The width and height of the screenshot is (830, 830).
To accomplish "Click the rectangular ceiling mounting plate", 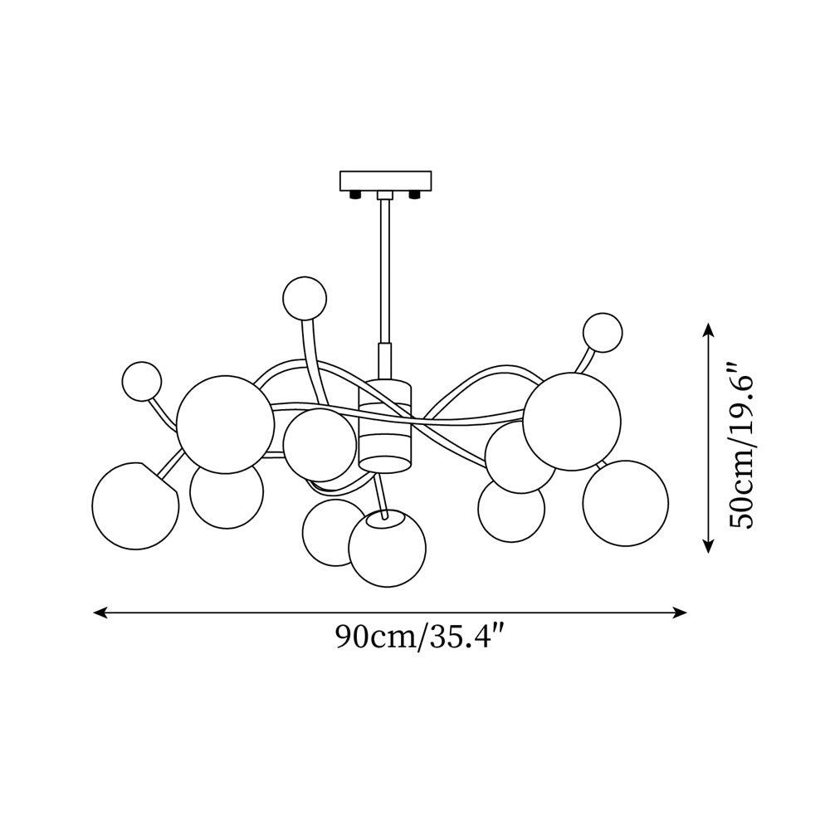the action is [x=385, y=181].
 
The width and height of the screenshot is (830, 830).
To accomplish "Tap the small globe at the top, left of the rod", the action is [x=305, y=298].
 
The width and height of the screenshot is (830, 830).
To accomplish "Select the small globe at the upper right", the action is [x=603, y=333].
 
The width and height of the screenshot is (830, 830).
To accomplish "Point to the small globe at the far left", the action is [x=141, y=382].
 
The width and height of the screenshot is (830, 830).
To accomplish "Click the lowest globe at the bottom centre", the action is [x=388, y=548].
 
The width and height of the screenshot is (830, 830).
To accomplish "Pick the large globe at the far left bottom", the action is [x=135, y=506].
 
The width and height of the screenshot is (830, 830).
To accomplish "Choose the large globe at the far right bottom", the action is [x=626, y=503].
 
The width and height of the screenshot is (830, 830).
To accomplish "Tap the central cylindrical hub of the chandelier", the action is [x=385, y=425].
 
